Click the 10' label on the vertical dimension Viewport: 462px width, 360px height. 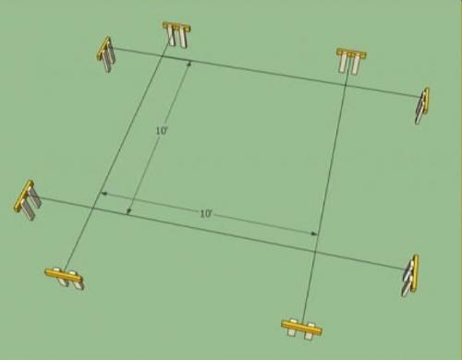pyautogui.click(x=162, y=131)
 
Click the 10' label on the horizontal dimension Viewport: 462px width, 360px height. pyautogui.click(x=206, y=213)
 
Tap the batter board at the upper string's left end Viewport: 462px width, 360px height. pyautogui.click(x=106, y=54)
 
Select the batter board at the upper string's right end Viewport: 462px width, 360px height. pyautogui.click(x=422, y=106)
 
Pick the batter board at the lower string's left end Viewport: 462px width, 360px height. pyautogui.click(x=28, y=200)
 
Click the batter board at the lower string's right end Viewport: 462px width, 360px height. pyautogui.click(x=410, y=276)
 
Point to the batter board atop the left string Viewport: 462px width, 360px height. pyautogui.click(x=176, y=34)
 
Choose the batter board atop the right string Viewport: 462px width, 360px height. pyautogui.click(x=351, y=61)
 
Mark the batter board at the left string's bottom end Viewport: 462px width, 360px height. pyautogui.click(x=65, y=278)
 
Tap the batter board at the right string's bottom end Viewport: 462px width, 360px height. pyautogui.click(x=301, y=330)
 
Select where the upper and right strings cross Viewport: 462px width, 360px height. pyautogui.click(x=346, y=83)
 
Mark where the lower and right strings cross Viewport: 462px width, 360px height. pyautogui.click(x=315, y=251)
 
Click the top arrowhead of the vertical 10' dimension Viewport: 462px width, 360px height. pyautogui.click(x=189, y=64)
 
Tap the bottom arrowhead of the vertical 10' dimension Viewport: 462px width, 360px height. pyautogui.click(x=129, y=211)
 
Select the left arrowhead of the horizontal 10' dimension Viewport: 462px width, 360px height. pyautogui.click(x=104, y=194)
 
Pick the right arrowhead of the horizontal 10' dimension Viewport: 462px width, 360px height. pyautogui.click(x=314, y=234)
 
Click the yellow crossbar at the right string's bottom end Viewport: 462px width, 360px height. pyautogui.click(x=301, y=328)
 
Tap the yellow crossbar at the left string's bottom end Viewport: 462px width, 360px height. pyautogui.click(x=65, y=276)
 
